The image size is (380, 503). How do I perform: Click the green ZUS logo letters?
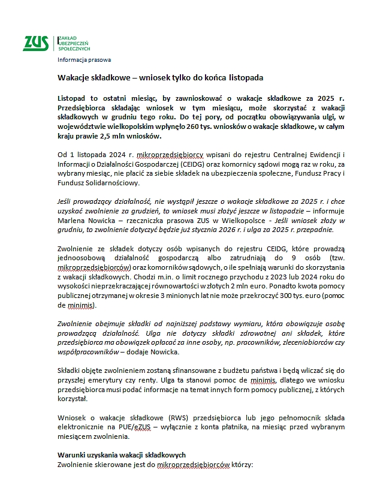click(35, 43)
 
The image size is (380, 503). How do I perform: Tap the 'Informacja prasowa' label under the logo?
click(84, 59)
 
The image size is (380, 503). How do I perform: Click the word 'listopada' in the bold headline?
click(243, 78)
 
